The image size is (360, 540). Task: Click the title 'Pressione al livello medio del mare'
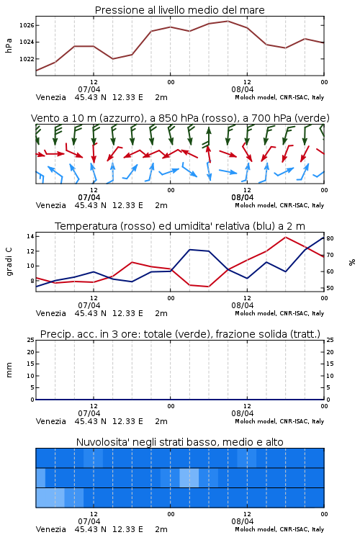point(179,10)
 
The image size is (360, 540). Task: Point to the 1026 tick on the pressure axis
point(27,25)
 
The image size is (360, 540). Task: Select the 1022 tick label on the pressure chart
point(27,59)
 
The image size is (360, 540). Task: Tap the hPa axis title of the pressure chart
point(9,45)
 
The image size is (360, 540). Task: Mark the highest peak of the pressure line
point(228,21)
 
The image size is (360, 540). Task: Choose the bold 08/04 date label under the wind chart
point(242,197)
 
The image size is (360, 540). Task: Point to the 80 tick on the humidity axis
point(330,238)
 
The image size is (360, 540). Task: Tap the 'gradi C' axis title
point(9,261)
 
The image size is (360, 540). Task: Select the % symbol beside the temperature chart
point(352,262)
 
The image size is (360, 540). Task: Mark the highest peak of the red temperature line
point(285,237)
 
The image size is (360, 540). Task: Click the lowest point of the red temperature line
point(208,287)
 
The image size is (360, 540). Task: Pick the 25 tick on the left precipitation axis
point(30,340)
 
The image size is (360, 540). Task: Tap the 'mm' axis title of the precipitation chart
point(9,370)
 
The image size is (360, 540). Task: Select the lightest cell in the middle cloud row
point(189,477)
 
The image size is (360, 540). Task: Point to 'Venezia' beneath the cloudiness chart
point(50,529)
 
